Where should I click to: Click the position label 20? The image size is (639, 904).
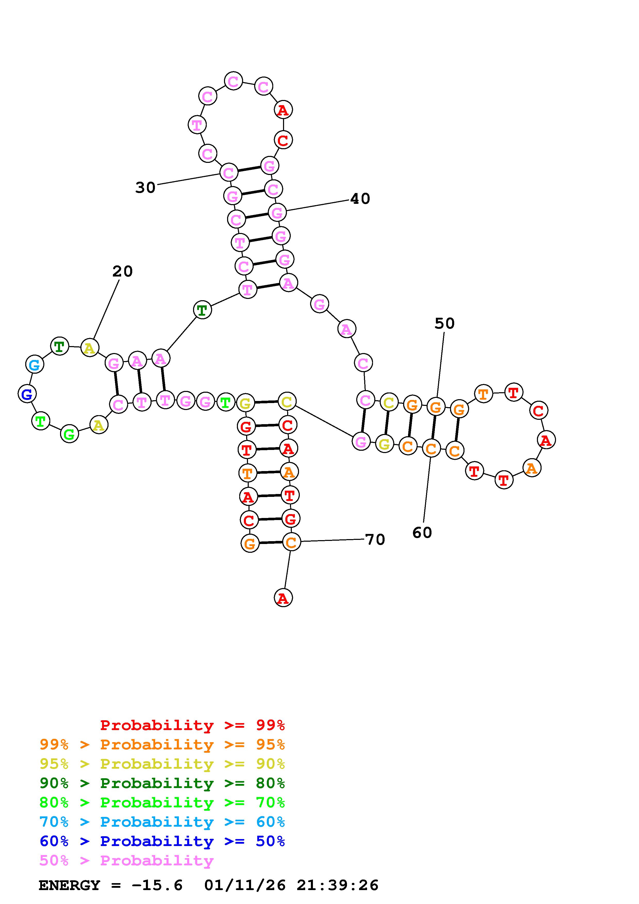[x=122, y=271]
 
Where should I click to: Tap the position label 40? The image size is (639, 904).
[x=360, y=199]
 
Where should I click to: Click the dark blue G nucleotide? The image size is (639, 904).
[x=27, y=394]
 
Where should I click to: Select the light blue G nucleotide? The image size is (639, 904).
[x=35, y=365]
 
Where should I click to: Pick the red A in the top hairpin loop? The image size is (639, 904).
[x=283, y=110]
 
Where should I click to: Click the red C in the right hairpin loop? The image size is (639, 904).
[x=538, y=410]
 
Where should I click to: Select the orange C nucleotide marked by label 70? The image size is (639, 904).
[x=291, y=542]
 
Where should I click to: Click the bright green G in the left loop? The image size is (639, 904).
[x=69, y=434]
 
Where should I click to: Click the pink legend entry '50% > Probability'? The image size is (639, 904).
[x=126, y=861]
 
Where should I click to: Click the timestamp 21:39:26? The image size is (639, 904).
[x=337, y=885]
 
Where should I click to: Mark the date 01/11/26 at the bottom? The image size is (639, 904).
[x=245, y=885]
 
